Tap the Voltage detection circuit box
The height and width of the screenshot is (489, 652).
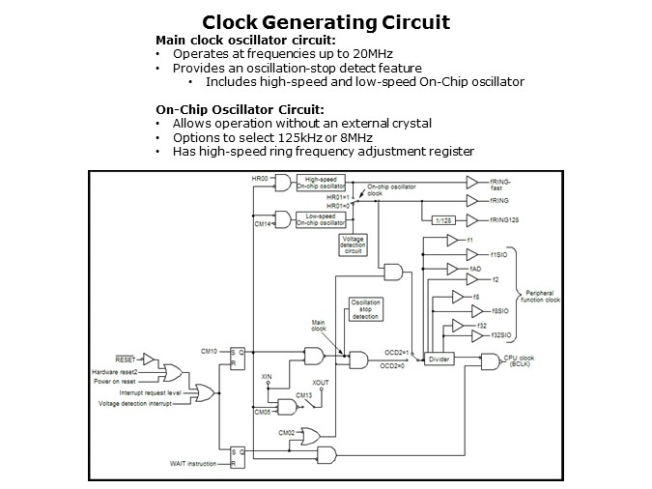point(354,245)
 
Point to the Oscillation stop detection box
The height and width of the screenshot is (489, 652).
point(365,309)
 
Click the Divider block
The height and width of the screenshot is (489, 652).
point(439,357)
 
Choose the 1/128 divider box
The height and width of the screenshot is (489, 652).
point(443,219)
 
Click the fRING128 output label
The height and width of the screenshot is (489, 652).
point(506,219)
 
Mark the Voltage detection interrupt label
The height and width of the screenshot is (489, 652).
point(136,404)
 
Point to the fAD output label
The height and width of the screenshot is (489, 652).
point(474,268)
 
